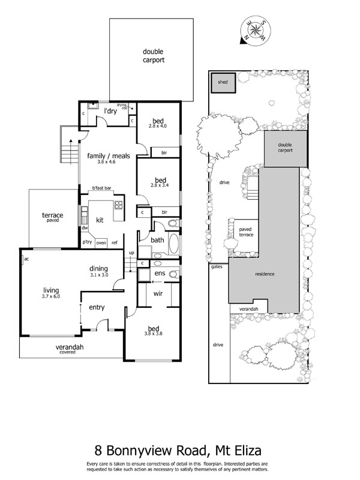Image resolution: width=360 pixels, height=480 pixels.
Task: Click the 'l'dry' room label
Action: coord(110,111)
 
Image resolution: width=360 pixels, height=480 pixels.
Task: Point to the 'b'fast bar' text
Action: coord(103,188)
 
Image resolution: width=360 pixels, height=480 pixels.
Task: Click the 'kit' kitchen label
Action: coord(100,220)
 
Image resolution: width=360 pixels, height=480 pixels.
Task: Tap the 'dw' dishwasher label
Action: coord(85,228)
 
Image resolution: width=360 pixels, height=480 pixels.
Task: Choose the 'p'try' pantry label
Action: coord(88,242)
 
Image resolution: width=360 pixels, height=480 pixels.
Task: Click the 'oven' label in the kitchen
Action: coord(101,242)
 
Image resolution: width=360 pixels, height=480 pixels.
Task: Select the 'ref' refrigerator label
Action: coord(114,242)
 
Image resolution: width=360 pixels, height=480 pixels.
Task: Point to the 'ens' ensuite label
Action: coord(159,274)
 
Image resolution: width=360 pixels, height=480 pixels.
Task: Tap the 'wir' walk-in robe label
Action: coord(159,294)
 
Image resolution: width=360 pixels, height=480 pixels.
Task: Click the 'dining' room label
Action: coord(98,269)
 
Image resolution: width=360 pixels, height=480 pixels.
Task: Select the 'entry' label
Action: coord(97,307)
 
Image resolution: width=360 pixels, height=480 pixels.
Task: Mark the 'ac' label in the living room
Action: coord(26,259)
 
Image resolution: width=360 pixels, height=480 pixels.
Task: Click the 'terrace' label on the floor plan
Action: coord(52,215)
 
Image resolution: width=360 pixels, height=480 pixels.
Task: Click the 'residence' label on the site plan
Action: coord(265,274)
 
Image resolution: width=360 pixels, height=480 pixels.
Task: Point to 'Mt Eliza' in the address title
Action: coord(232,450)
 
